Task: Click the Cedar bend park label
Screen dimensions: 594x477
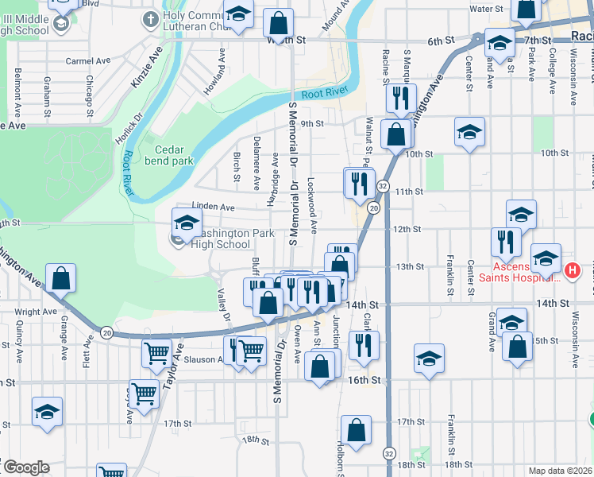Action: point(168,154)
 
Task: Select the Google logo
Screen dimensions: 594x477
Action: point(25,467)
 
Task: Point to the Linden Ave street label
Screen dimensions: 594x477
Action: point(215,207)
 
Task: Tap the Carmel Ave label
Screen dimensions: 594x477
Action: point(87,60)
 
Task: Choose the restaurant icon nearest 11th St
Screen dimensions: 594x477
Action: point(358,183)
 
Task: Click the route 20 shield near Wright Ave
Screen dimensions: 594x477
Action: point(107,331)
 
